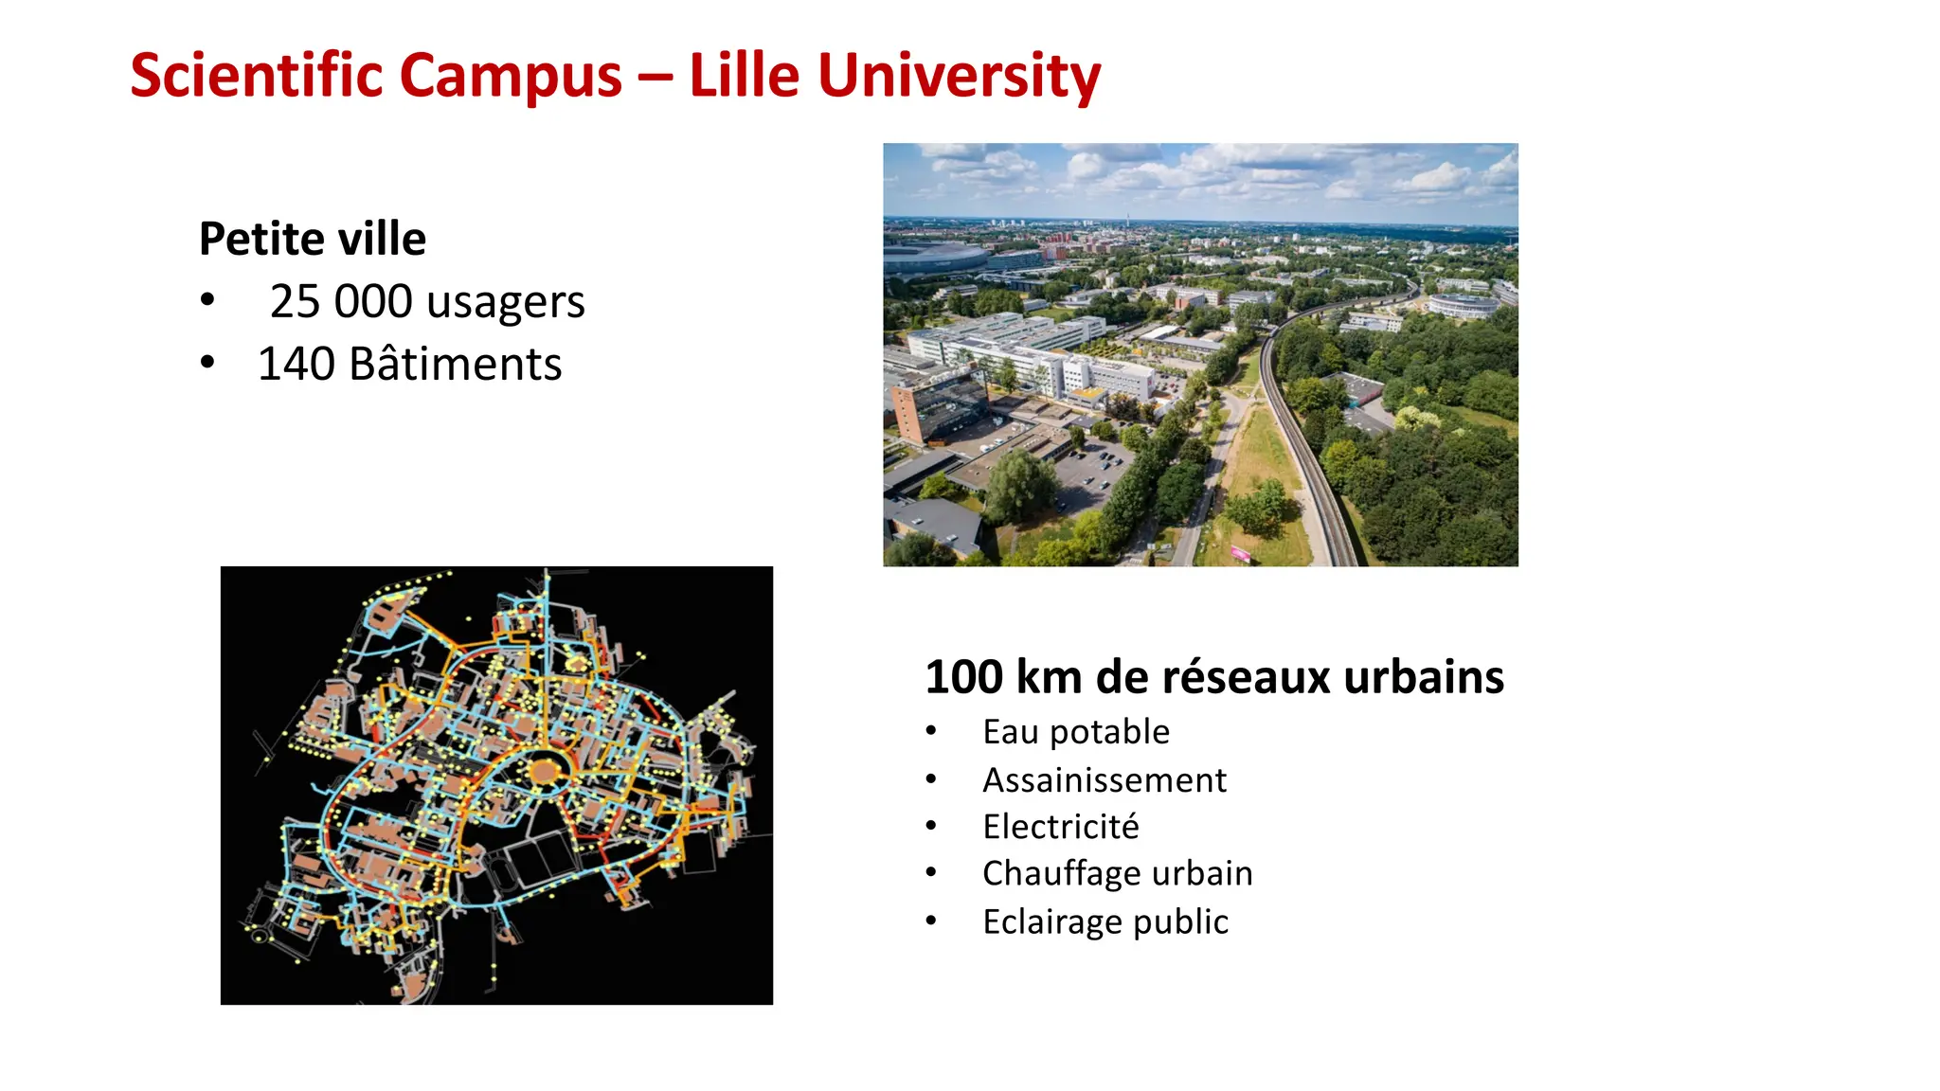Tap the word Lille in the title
pyautogui.click(x=744, y=76)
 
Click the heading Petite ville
pyautogui.click(x=313, y=239)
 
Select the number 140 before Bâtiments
pyautogui.click(x=296, y=365)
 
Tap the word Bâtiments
pyautogui.click(x=455, y=365)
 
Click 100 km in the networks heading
pyautogui.click(x=1002, y=677)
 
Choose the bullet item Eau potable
pyautogui.click(x=1076, y=732)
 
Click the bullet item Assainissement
pyautogui.click(x=1105, y=780)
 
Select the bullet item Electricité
pyautogui.click(x=1061, y=827)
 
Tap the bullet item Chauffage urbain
pyautogui.click(x=1118, y=873)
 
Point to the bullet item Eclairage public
pyautogui.click(x=1105, y=921)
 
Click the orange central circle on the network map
pyautogui.click(x=544, y=771)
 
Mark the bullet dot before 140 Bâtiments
pyautogui.click(x=207, y=363)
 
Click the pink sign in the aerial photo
pyautogui.click(x=1240, y=553)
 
